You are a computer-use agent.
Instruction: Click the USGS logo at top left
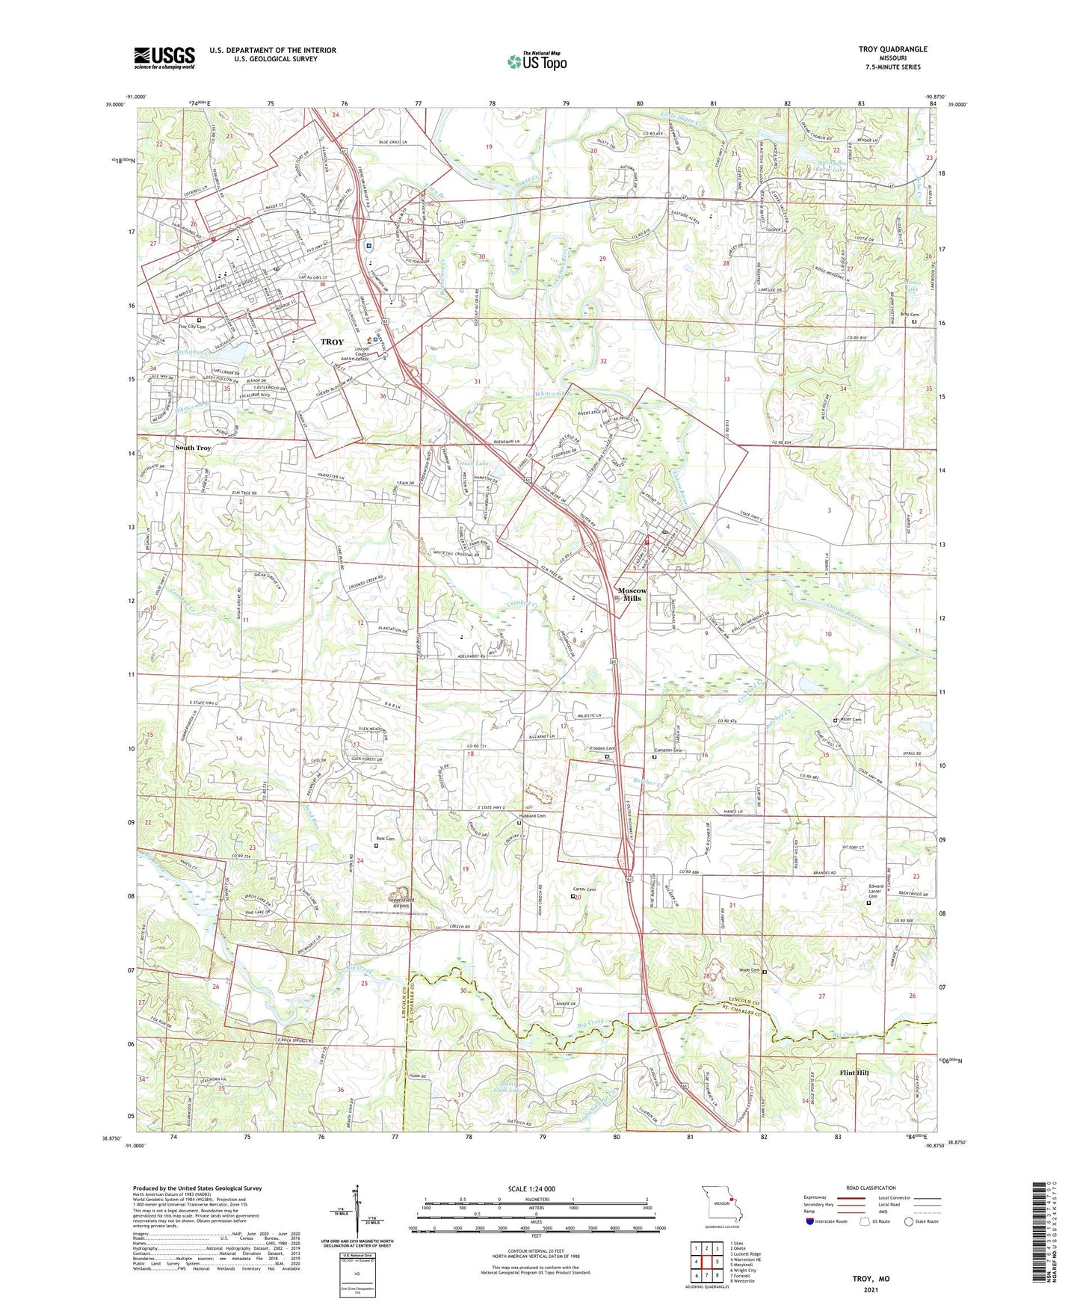(164, 57)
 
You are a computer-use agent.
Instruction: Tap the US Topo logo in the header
(537, 61)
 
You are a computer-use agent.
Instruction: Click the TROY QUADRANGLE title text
(893, 49)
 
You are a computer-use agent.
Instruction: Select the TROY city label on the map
(332, 342)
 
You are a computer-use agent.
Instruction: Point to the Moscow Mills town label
(632, 594)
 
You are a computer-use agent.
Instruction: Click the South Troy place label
(193, 448)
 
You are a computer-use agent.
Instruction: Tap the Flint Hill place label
(854, 1073)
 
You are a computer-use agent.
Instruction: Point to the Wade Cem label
(749, 970)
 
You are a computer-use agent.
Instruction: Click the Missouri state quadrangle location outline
(720, 1208)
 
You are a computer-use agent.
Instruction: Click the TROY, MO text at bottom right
(871, 1279)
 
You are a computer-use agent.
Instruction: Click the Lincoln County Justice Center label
(362, 354)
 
